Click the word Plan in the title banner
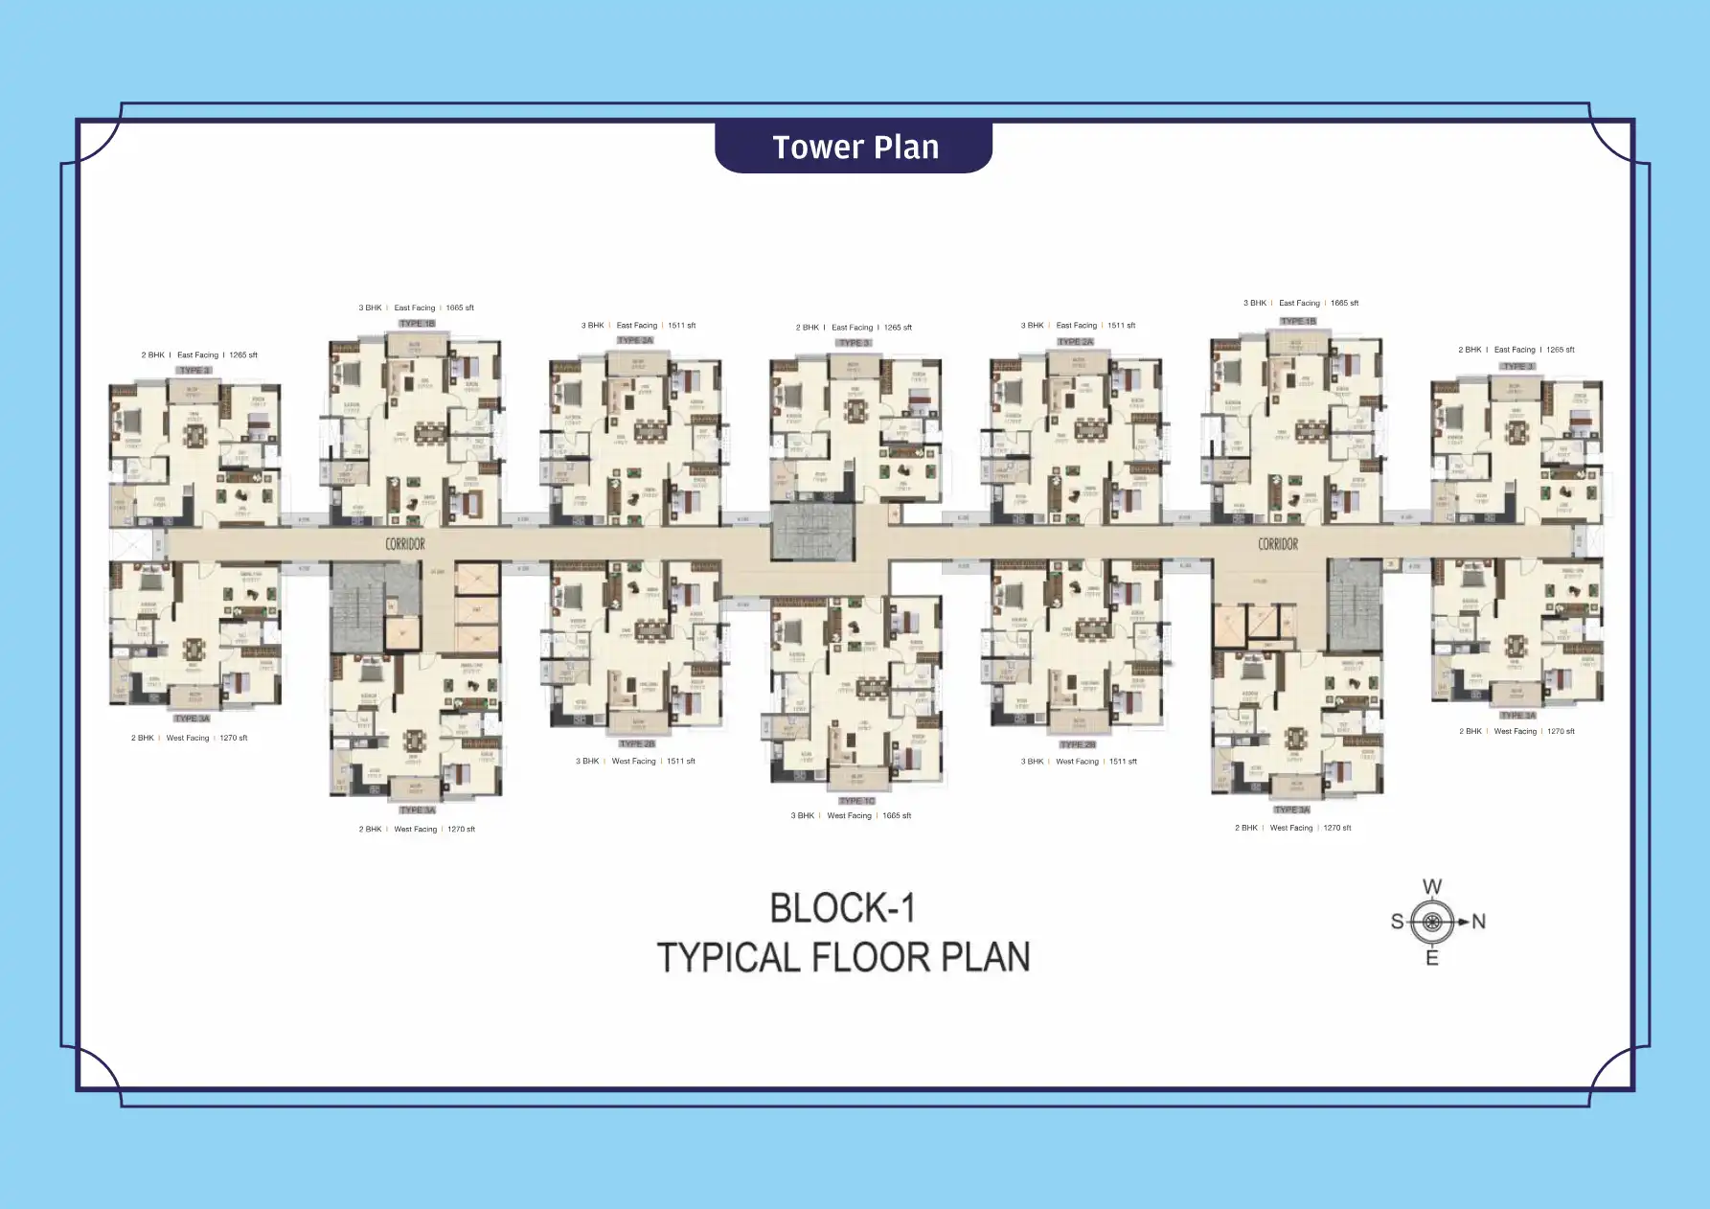pos(904,148)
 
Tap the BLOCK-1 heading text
pos(842,908)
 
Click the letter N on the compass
pos(1478,922)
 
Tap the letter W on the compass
pos(1432,887)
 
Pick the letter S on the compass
pos(1397,922)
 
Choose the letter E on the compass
pos(1432,958)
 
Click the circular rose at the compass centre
pos(1432,922)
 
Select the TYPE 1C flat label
pos(856,801)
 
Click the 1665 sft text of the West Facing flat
pos(897,816)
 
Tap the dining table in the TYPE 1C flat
pos(871,686)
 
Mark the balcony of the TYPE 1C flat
pos(856,778)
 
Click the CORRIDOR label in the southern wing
pos(405,544)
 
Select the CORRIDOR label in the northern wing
pos(1278,544)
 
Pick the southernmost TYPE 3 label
pos(194,370)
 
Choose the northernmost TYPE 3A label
pos(1517,715)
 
